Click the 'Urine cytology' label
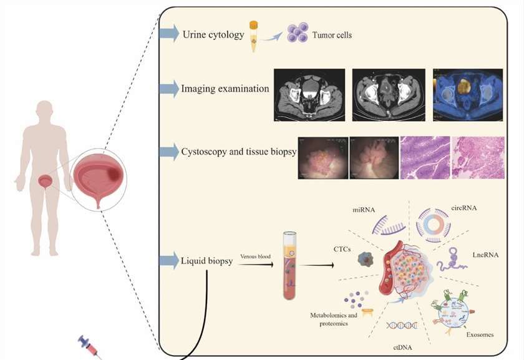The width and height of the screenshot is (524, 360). point(213,35)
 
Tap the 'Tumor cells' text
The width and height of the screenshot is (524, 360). point(332,36)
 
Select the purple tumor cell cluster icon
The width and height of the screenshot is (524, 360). point(298,32)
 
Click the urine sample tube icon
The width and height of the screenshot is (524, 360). point(254,36)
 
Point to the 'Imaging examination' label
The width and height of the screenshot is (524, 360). point(225,89)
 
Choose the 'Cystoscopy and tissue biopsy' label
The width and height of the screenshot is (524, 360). point(238,152)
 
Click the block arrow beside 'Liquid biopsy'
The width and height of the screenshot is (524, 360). point(169,261)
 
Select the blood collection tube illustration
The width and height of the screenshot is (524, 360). point(289,265)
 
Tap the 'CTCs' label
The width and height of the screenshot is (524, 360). point(342,248)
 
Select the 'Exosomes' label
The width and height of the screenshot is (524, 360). point(480,334)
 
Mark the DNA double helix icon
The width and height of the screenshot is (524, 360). point(402,325)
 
